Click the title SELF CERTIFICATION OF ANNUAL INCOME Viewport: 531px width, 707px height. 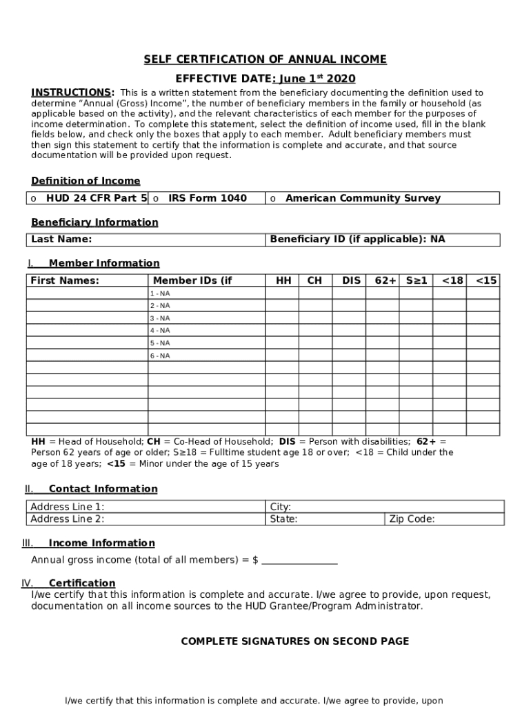265,59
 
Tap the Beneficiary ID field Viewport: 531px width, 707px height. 383,240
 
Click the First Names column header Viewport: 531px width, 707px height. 65,280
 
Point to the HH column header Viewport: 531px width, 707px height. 283,280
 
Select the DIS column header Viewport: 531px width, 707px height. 351,280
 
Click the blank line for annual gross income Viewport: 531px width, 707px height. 299,560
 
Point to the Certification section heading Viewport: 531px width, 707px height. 81,583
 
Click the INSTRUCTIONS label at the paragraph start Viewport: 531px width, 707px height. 72,93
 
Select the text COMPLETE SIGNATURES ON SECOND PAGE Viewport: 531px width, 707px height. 294,641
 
